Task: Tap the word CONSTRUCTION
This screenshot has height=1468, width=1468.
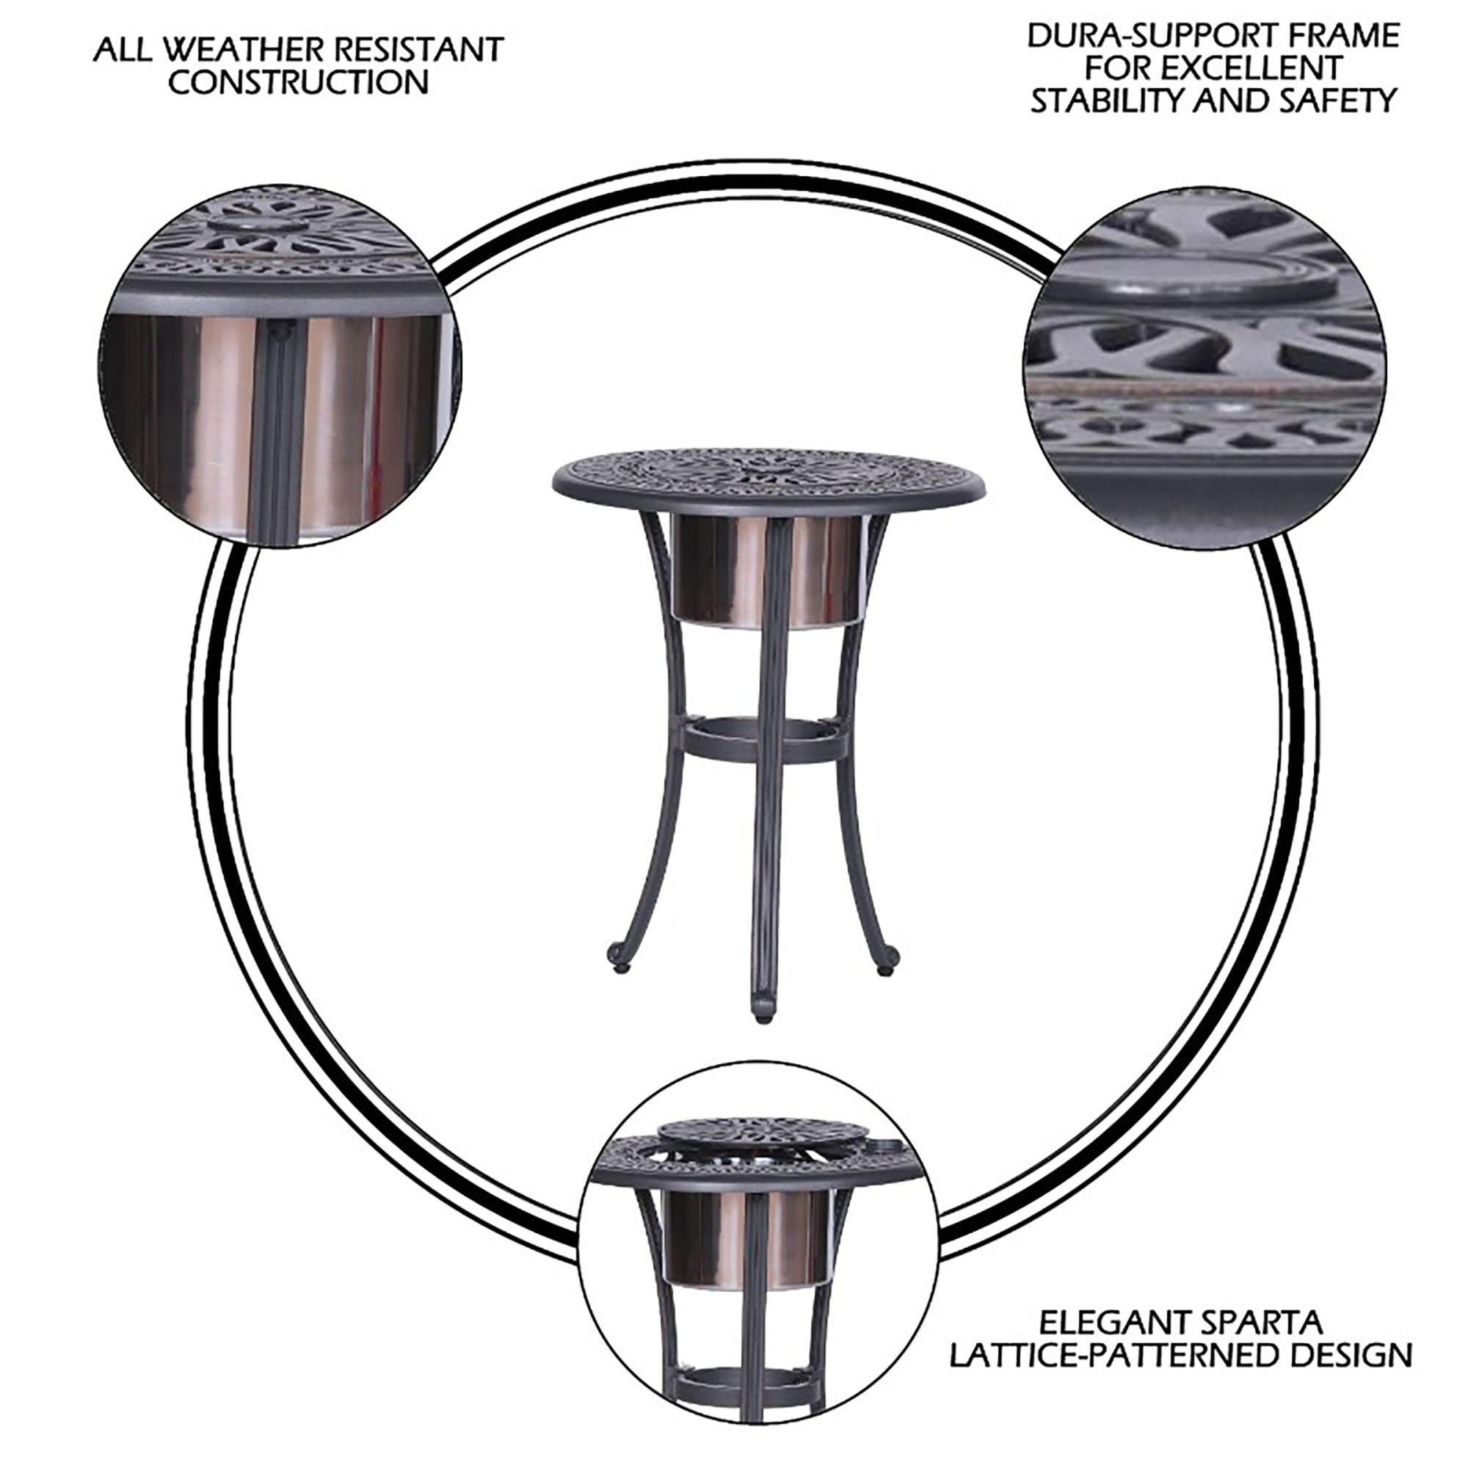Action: pos(299,83)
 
